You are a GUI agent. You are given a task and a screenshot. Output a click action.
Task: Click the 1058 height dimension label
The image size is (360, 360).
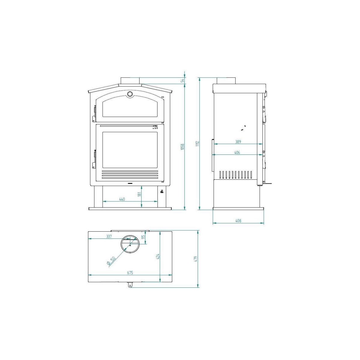(x=182, y=147)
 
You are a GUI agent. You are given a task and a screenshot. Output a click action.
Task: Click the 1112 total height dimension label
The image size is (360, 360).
(x=197, y=143)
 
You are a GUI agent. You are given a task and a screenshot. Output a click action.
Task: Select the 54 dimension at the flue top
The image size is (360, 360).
(x=182, y=80)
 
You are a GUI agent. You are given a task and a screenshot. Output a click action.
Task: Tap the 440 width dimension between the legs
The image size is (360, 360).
(x=122, y=199)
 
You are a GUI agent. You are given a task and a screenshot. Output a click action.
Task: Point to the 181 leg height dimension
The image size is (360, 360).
(x=139, y=194)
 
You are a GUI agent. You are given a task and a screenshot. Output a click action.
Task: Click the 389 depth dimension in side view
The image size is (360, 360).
(x=238, y=142)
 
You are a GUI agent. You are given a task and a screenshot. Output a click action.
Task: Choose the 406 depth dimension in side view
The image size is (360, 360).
(x=237, y=152)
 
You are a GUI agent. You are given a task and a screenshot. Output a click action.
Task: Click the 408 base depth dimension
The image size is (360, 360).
(x=238, y=221)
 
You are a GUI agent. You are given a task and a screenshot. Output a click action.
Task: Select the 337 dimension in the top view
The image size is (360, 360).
(x=109, y=236)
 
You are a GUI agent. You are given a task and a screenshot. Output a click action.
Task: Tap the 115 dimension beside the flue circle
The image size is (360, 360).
(x=144, y=237)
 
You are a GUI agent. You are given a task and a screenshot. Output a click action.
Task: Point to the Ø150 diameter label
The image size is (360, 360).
(x=111, y=261)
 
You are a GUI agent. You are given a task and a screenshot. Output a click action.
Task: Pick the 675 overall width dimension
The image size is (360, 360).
(x=130, y=273)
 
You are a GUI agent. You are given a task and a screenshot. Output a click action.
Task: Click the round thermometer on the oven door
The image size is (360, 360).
(x=130, y=94)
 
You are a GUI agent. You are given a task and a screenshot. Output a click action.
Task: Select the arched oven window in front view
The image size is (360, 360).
(x=130, y=108)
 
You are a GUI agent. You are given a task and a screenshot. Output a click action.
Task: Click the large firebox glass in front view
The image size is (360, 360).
(x=130, y=150)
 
